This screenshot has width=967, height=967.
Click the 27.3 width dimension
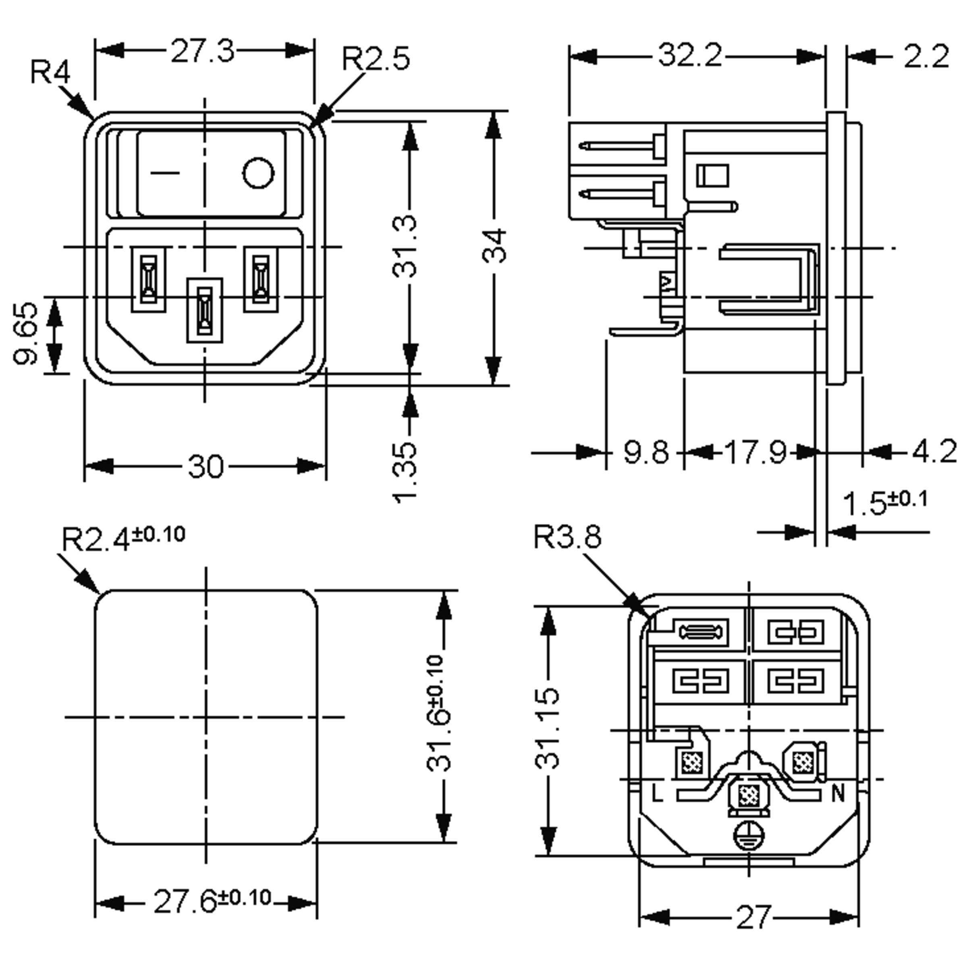(x=202, y=51)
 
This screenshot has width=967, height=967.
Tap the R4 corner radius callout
(x=50, y=72)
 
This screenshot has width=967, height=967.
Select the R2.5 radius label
(x=376, y=58)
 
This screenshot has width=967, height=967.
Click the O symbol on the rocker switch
(x=258, y=173)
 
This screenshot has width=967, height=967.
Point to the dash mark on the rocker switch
(x=165, y=173)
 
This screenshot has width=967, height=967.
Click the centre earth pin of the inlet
(x=204, y=310)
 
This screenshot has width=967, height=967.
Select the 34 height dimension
(x=494, y=246)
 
